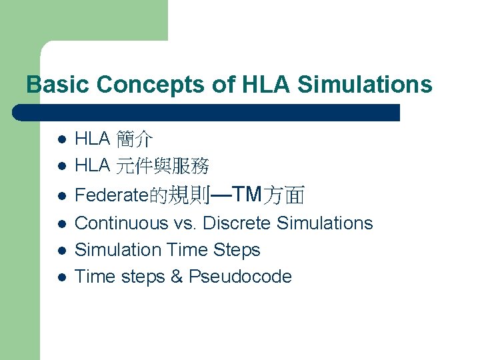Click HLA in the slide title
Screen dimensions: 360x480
point(266,85)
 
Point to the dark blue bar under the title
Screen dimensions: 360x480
point(207,113)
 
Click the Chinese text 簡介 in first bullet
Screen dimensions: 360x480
point(134,139)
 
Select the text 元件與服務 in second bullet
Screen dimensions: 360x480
point(162,166)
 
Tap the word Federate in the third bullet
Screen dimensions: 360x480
point(111,195)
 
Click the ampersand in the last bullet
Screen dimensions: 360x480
point(177,277)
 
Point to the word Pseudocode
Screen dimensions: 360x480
point(240,277)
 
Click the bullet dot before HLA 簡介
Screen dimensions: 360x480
point(60,140)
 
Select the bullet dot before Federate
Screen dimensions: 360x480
point(60,195)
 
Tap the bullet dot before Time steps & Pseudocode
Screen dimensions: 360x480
point(60,277)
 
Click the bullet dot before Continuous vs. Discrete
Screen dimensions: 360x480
point(60,224)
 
